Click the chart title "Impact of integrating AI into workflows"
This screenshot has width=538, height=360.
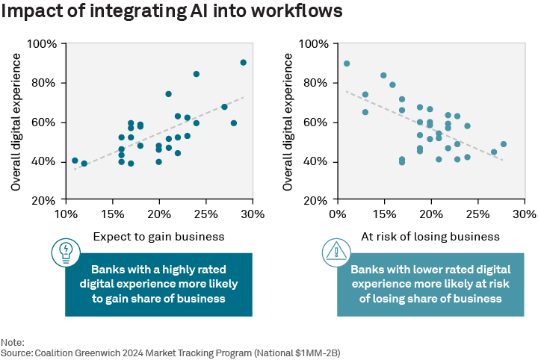[173, 13]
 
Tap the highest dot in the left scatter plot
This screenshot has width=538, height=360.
[244, 63]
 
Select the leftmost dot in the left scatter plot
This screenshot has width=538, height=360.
[75, 161]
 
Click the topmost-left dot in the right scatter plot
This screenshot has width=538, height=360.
[347, 63]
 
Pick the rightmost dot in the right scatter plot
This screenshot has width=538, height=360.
[504, 144]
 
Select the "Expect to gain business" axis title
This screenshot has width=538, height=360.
[159, 237]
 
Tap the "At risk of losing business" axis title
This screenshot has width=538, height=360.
[431, 237]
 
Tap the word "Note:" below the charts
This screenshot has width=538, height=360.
[13, 341]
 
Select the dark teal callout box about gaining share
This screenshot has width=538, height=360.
[158, 284]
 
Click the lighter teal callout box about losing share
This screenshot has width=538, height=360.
[430, 284]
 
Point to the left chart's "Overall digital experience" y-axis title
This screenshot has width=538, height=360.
[16, 122]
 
